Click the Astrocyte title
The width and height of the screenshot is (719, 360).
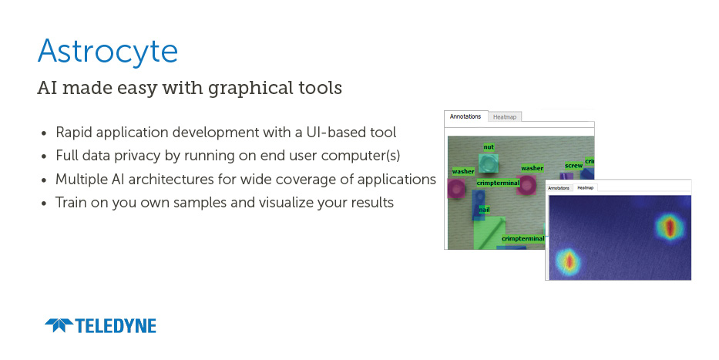pyautogui.click(x=108, y=52)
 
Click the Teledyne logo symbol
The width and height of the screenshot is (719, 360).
pyautogui.click(x=59, y=325)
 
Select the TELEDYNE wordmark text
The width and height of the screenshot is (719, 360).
pyautogui.click(x=116, y=325)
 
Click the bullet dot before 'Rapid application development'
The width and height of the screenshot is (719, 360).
pyautogui.click(x=44, y=133)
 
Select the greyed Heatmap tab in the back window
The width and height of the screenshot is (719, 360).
pyautogui.click(x=505, y=117)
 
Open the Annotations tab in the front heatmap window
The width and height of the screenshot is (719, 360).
pyautogui.click(x=559, y=188)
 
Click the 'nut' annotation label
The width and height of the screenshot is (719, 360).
pyautogui.click(x=489, y=146)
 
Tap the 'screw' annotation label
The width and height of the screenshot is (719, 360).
pyautogui.click(x=573, y=166)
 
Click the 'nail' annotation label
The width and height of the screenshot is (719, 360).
pyautogui.click(x=484, y=210)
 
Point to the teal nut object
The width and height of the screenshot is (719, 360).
pyautogui.click(x=489, y=163)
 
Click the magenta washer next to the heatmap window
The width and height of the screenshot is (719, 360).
pyautogui.click(x=526, y=185)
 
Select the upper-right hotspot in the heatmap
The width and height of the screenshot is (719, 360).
pyautogui.click(x=670, y=227)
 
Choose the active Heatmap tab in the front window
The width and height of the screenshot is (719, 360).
pyautogui.click(x=585, y=188)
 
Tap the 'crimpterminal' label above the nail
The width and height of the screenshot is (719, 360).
pyautogui.click(x=498, y=183)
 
